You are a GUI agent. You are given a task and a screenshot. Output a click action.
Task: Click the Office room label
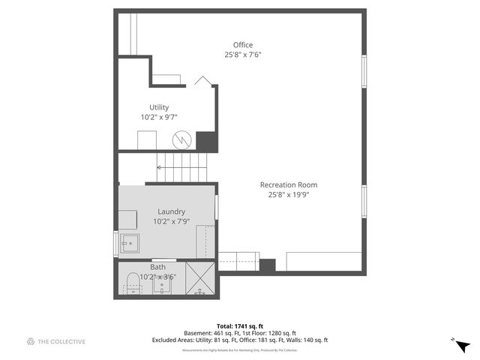pyautogui.click(x=242, y=45)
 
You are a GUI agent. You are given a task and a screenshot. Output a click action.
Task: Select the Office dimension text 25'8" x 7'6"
pyautogui.click(x=242, y=55)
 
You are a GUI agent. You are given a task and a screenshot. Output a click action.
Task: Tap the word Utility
pyautogui.click(x=159, y=108)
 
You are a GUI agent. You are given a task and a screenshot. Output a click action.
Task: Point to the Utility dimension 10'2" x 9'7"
pyautogui.click(x=159, y=118)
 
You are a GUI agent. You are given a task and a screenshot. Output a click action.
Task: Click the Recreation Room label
pyautogui.click(x=289, y=185)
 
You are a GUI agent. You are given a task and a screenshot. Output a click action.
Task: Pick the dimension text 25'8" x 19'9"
pyautogui.click(x=289, y=195)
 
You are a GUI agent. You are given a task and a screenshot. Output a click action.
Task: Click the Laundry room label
pyautogui.click(x=171, y=211)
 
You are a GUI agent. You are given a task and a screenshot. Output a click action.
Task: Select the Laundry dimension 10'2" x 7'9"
pyautogui.click(x=171, y=221)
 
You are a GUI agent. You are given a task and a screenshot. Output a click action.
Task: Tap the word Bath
pyautogui.click(x=158, y=267)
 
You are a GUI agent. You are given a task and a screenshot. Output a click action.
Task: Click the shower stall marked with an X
pyautogui.click(x=200, y=278)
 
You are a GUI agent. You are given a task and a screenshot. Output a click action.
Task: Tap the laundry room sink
pyautogui.click(x=130, y=243)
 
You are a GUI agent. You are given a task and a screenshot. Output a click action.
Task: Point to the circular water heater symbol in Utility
pyautogui.click(x=181, y=139)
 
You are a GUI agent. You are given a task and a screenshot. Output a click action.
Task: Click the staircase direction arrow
pyautogui.click(x=160, y=168)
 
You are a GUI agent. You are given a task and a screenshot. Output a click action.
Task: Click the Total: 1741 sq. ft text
pyautogui.click(x=241, y=325)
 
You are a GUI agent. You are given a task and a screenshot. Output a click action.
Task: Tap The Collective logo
pyautogui.click(x=56, y=342)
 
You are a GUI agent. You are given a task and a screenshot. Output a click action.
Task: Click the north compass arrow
pyautogui.click(x=462, y=345)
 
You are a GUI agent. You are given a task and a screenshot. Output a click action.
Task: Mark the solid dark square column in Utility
pyautogui.click(x=206, y=141)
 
